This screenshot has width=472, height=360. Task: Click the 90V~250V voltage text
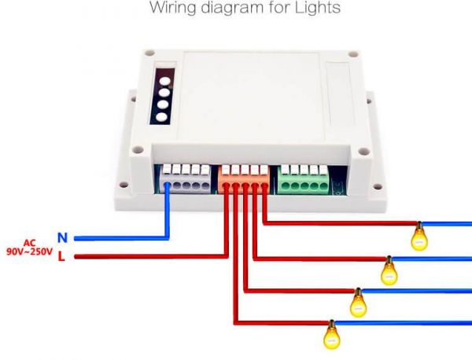(x=29, y=252)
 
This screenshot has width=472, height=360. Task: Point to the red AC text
(x=30, y=242)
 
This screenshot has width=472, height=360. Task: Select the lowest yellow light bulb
(x=331, y=336)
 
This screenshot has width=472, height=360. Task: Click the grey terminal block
(x=186, y=180)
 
